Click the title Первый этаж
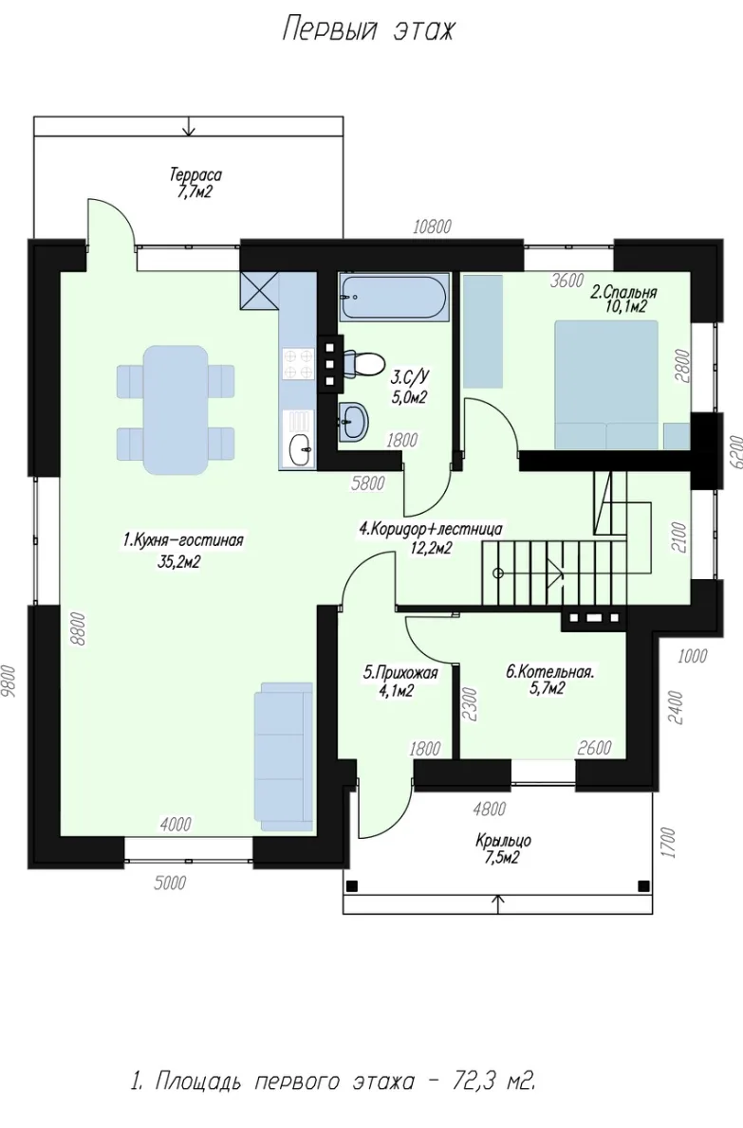[x=368, y=30]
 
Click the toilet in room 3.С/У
[x=365, y=363]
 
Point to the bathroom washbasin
[x=354, y=419]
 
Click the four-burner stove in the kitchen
[x=299, y=363]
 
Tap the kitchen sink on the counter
[x=300, y=449]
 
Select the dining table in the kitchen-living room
[x=176, y=409]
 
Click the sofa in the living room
[x=283, y=757]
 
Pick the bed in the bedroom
[x=606, y=385]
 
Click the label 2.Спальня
[x=623, y=293]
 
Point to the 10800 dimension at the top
[x=433, y=227]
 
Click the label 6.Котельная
[x=550, y=673]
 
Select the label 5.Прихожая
[x=400, y=673]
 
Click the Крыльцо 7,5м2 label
[x=503, y=849]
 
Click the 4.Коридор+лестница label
[x=431, y=530]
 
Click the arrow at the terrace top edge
[x=190, y=126]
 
